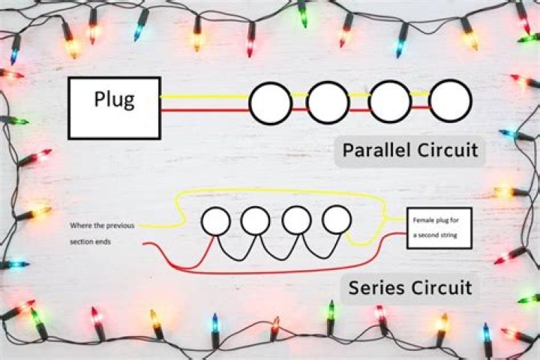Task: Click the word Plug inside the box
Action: tap(114, 100)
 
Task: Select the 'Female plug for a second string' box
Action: tap(439, 228)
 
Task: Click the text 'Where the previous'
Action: tap(102, 226)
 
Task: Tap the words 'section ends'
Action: tap(91, 241)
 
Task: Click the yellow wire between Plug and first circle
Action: tap(205, 97)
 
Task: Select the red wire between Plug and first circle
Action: tap(205, 110)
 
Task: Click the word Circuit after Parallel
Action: tap(448, 150)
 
